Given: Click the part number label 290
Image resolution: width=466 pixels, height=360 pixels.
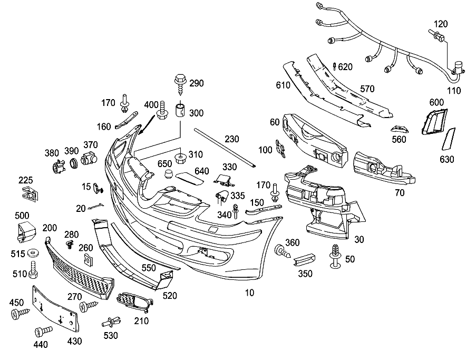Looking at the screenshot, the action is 197,83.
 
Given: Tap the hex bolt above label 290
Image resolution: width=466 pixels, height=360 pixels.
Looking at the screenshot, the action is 180,84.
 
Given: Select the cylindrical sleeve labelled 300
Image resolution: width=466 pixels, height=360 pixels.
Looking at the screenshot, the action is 180,110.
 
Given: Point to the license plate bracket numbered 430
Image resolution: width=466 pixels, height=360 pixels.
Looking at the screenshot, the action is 56,309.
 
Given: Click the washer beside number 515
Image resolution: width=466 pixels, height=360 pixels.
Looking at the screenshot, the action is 32,253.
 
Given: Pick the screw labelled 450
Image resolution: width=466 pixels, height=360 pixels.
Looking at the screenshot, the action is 20,314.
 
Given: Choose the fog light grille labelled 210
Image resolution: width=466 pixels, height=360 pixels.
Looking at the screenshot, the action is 134,303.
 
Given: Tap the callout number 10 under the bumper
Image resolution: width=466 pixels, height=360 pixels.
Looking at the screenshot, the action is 249,293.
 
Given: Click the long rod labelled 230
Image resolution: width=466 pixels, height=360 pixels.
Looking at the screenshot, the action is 225,148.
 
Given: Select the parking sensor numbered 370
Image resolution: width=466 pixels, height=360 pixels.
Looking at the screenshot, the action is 89,158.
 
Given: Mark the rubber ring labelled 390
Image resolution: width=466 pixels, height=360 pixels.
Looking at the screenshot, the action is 73,163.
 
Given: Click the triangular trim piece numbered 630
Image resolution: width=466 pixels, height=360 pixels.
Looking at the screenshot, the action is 449,139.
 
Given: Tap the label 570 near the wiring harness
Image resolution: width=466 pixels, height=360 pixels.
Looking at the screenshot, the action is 367,89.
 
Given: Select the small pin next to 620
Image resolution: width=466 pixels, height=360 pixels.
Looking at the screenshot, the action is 334,66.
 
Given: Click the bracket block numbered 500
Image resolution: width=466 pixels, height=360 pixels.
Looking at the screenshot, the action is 26,231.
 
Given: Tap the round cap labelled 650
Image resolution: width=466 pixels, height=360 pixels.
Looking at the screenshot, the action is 169,173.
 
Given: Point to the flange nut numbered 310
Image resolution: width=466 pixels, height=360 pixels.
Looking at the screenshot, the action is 180,158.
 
